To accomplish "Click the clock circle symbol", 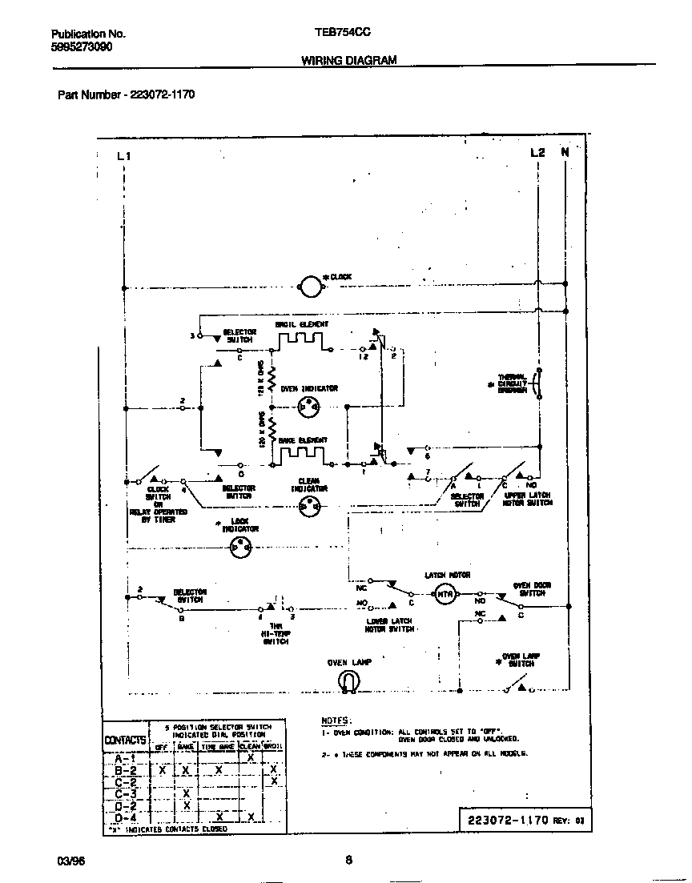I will (x=308, y=285).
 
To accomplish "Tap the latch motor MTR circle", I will (x=444, y=593).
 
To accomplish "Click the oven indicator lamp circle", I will (x=308, y=407).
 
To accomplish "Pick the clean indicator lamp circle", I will (x=308, y=505).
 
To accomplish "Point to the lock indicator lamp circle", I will (x=239, y=548).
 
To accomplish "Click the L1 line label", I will (x=123, y=155).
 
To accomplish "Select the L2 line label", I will (x=537, y=152).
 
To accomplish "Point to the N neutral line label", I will (x=565, y=152).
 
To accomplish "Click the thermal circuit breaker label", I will (x=513, y=383).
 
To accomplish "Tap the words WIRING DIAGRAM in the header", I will (x=348, y=60).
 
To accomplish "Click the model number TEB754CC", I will (x=343, y=34).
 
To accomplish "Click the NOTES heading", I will (x=336, y=720).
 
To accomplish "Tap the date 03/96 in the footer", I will (x=70, y=861).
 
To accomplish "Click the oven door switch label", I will (x=529, y=588).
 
